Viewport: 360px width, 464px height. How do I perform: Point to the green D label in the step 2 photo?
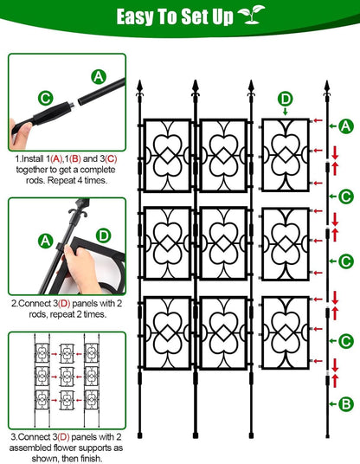pyautogui.click(x=103, y=235)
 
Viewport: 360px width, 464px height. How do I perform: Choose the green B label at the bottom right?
pyautogui.click(x=346, y=403)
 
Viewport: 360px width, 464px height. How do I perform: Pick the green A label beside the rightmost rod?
pyautogui.click(x=346, y=127)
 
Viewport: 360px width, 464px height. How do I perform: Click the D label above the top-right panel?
pyautogui.click(x=286, y=99)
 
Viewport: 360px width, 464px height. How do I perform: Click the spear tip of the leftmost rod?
pyautogui.click(x=139, y=87)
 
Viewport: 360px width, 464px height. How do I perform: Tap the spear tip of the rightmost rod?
pyautogui.click(x=326, y=87)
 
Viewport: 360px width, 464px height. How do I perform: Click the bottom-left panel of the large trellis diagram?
pyautogui.click(x=168, y=333)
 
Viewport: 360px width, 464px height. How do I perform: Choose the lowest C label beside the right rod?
pyautogui.click(x=346, y=340)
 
